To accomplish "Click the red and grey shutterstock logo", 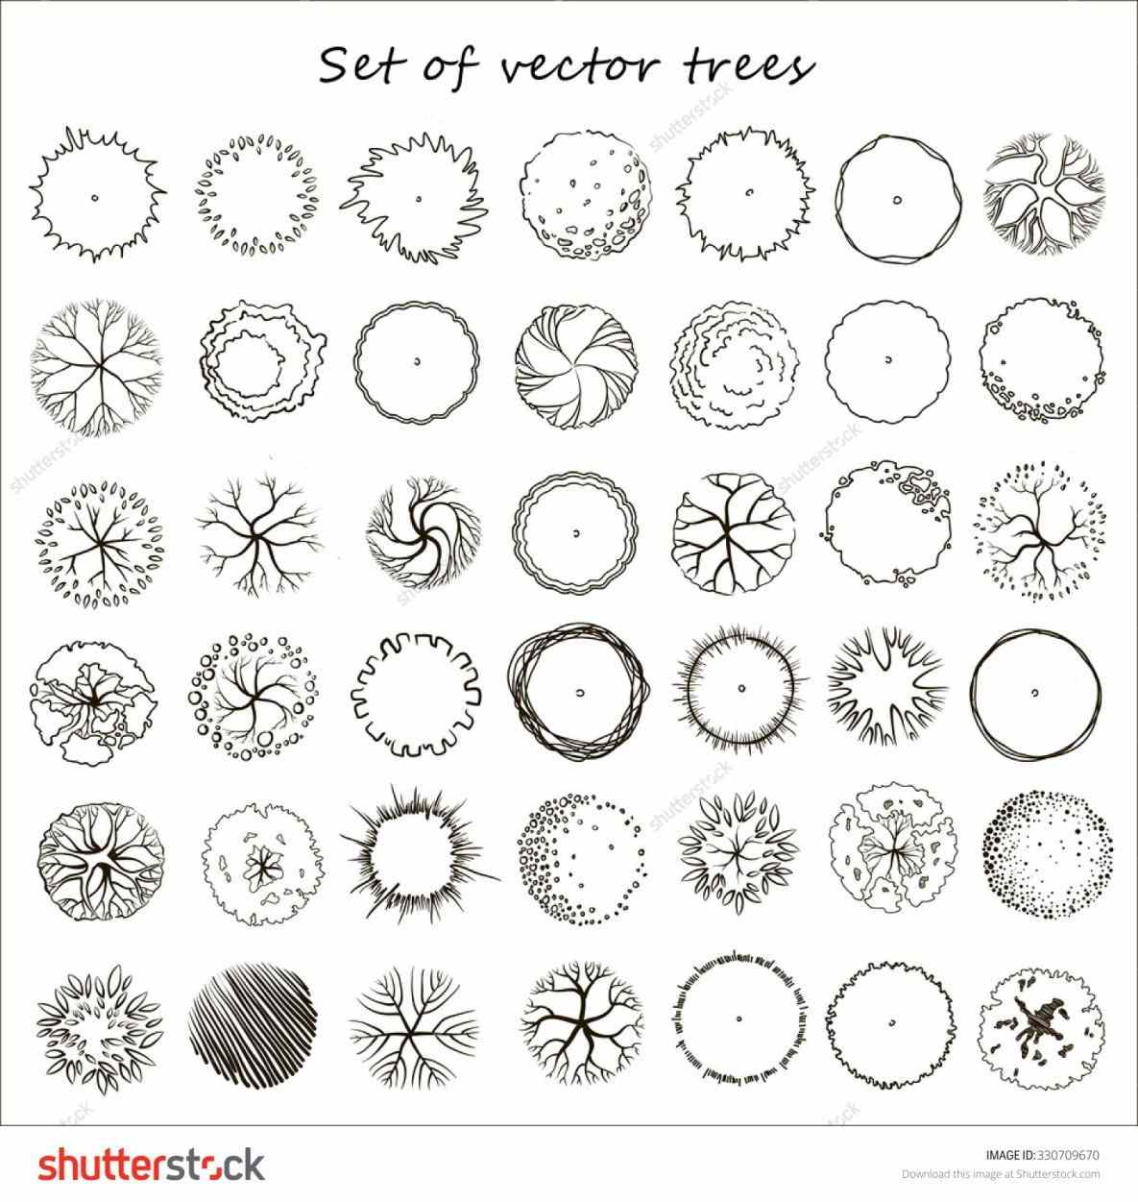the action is tap(152, 1165).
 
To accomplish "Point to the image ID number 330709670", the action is tap(1067, 1155).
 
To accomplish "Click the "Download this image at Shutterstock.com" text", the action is tap(1001, 1174).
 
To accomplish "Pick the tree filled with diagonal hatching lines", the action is tap(253, 1026).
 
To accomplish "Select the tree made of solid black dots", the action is tap(1048, 855).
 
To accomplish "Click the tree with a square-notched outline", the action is tap(416, 694).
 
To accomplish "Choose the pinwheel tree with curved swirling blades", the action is tap(576, 366).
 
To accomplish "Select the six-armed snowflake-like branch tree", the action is tap(414, 1027).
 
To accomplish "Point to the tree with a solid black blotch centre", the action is tap(1040, 1028).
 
